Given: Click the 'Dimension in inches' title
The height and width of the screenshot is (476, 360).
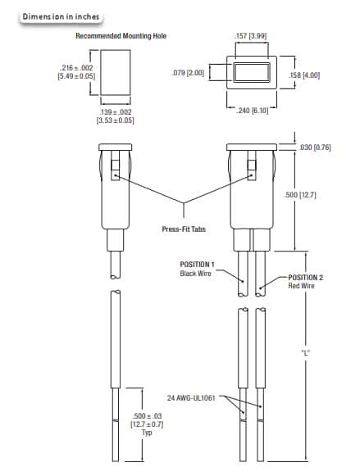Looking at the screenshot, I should pos(56,16).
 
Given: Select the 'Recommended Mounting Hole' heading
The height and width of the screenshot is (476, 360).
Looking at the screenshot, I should pos(116,36).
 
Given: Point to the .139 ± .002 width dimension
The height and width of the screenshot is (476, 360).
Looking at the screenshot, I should pos(116,115).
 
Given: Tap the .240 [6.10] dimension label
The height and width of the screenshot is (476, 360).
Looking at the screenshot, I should pos(252,111).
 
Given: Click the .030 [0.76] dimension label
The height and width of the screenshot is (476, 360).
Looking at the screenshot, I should pos(317,147).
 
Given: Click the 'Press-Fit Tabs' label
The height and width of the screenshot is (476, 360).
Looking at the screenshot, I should pos(184,229).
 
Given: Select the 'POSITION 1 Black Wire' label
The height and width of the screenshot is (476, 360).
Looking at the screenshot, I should pos(196,269).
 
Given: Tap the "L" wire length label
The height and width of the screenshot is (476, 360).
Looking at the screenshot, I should pos(305,354).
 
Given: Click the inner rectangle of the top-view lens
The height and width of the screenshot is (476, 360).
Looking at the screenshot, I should pos(251,73).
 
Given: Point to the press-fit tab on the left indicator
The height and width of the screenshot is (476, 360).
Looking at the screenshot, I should pos(116,175).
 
